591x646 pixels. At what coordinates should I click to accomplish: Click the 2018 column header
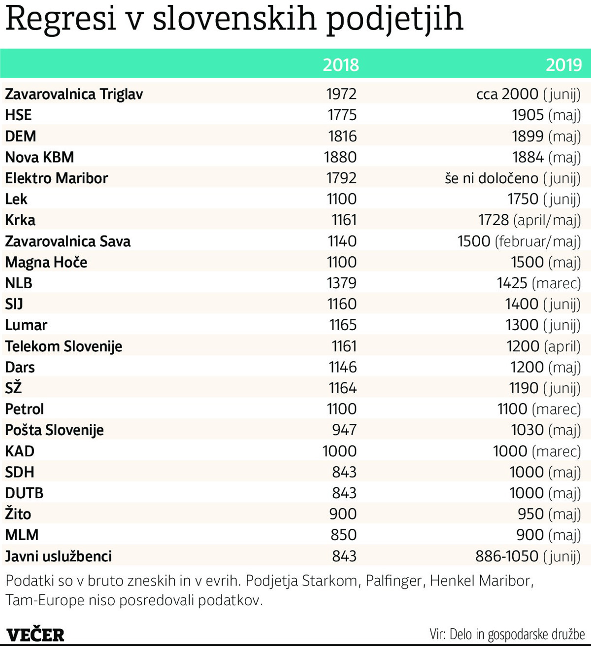[x=341, y=65]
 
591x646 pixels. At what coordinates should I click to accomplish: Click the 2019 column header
[x=563, y=65]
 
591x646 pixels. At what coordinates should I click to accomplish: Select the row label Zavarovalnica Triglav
[x=74, y=94]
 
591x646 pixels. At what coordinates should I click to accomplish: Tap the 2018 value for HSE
[x=342, y=115]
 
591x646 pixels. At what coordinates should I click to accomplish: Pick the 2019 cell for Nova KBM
[x=546, y=157]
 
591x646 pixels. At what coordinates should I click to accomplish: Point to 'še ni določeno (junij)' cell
[x=512, y=178]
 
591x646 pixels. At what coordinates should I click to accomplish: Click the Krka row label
[x=20, y=220]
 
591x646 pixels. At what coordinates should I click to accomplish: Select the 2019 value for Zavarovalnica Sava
[x=519, y=241]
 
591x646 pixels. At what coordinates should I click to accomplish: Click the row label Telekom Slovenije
[x=64, y=346]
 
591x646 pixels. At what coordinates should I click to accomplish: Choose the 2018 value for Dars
[x=343, y=367]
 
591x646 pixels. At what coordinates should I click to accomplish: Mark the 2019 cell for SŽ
[x=545, y=388]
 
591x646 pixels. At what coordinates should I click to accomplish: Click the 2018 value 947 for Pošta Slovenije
[x=344, y=430]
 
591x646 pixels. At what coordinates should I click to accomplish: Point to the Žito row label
[x=18, y=513]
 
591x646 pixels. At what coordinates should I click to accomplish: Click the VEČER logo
[x=35, y=634]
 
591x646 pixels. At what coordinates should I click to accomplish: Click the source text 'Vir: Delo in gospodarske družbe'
[x=507, y=634]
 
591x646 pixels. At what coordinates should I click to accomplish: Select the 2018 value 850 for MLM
[x=343, y=535]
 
